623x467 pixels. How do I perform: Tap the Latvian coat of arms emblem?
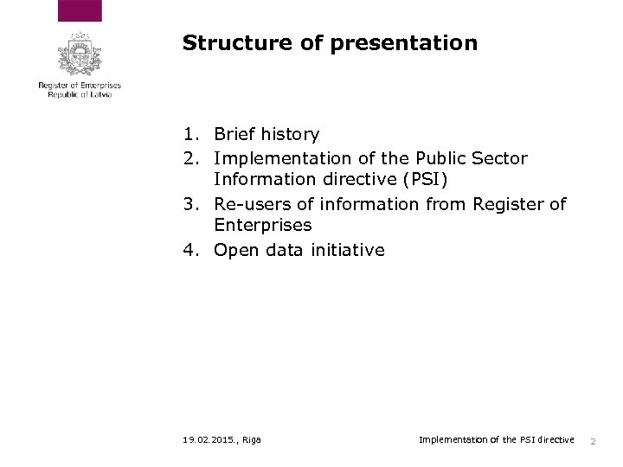coord(80,54)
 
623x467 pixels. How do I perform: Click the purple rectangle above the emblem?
coord(80,11)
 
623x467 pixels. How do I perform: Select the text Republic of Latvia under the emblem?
coord(80,94)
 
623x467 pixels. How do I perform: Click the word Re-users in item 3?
coord(246,204)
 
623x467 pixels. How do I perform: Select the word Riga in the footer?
coord(252,440)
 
